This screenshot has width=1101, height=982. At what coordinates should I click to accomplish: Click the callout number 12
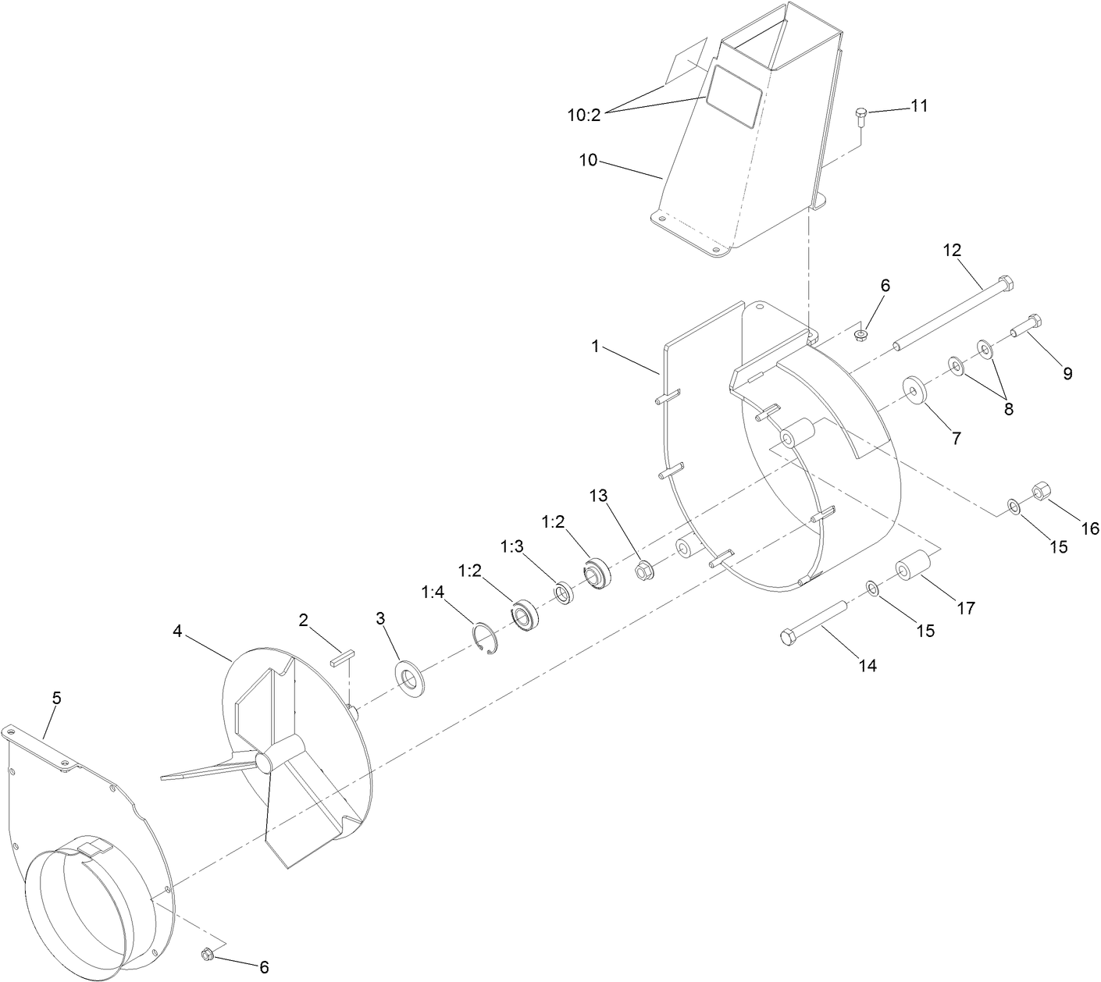coord(952,251)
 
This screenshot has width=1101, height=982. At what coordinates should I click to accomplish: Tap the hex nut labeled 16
coord(1042,492)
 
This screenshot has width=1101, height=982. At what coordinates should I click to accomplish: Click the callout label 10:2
coord(583,115)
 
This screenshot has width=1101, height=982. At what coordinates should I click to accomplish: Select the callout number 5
coord(56,699)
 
